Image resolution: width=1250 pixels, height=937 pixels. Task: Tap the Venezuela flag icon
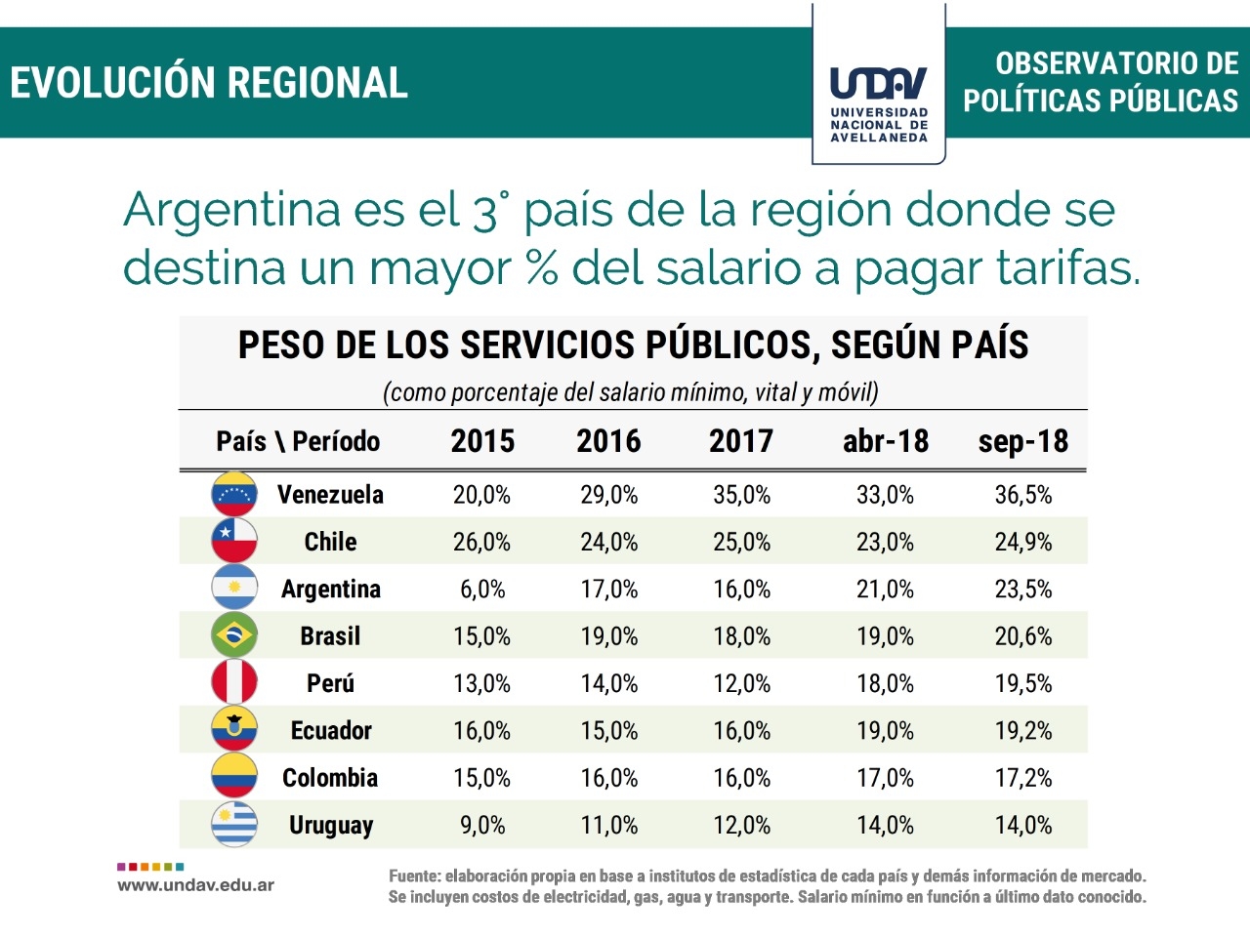pos(234,494)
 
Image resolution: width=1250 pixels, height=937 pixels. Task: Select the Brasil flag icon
pos(234,635)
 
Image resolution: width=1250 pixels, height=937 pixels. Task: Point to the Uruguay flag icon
pos(234,825)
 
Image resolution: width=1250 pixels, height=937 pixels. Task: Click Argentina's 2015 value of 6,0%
pos(482,590)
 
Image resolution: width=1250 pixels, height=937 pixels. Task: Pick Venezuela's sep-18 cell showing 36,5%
pos(1023,495)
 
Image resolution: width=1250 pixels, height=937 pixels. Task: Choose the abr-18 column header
pos(886,441)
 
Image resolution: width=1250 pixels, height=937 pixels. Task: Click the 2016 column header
pos(608,441)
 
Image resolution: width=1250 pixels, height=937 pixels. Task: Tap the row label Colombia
pos(330,778)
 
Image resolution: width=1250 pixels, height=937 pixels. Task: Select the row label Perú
pos(330,683)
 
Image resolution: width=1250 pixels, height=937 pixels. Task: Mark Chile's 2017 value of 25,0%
pos(741,542)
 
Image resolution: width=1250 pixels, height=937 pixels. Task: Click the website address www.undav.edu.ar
pos(195,885)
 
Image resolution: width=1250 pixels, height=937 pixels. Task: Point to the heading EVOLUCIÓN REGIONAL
pos(209,83)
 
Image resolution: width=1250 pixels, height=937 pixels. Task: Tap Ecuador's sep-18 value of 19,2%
pos(1023,731)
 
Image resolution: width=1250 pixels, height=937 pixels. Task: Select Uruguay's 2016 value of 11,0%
pos(609,826)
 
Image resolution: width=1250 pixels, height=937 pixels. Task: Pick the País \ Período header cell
pos(298,441)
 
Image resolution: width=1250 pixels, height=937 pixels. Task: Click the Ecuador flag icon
pos(234,729)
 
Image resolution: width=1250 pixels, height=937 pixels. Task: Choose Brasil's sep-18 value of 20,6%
pos(1023,636)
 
